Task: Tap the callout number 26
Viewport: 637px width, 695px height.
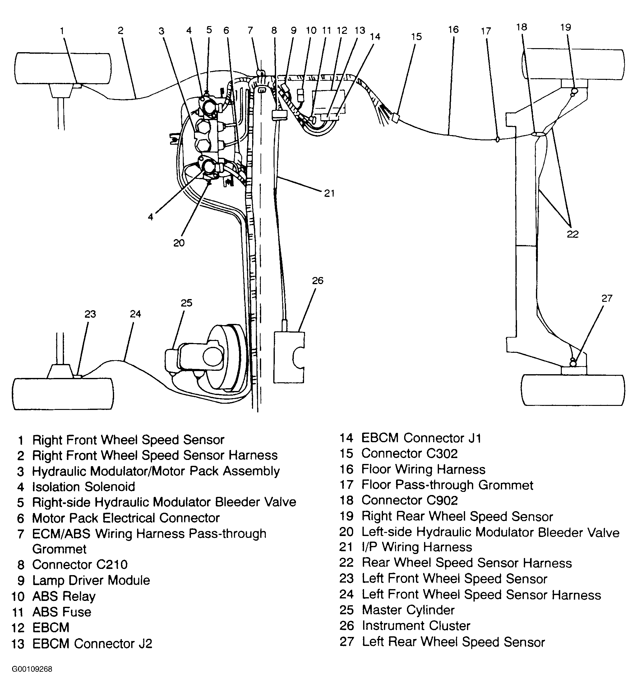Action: pos(317,281)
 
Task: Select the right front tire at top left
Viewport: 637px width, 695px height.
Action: pos(63,68)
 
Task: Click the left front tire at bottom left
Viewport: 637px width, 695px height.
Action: pos(63,394)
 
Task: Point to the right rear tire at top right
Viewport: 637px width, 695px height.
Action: pos(573,65)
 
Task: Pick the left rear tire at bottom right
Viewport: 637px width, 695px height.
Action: pos(573,390)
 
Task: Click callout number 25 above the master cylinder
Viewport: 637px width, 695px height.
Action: pos(186,303)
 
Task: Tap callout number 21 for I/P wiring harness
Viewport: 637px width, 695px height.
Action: pos(329,193)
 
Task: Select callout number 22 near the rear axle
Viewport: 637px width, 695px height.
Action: pos(572,234)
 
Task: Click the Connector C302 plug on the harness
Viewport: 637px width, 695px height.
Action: pos(396,118)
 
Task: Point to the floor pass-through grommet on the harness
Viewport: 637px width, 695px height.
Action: pos(497,139)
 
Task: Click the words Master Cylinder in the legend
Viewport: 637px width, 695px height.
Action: pos(408,610)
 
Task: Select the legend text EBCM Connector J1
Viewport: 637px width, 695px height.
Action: pos(421,438)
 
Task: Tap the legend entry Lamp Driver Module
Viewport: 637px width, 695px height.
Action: pos(91,580)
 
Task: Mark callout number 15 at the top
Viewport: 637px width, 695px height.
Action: pos(416,37)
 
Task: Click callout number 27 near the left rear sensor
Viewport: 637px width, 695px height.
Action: pos(607,298)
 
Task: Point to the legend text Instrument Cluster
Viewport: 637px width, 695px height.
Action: pos(416,625)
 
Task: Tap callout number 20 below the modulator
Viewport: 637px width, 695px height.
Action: pos(179,243)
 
